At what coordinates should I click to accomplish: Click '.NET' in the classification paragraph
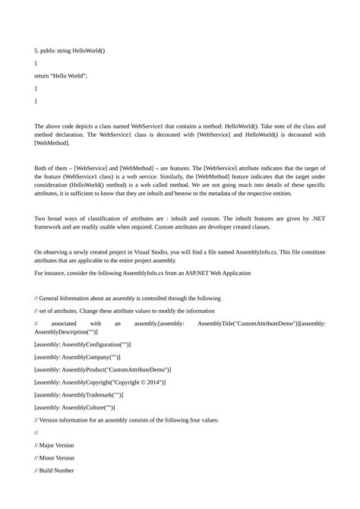[317, 219]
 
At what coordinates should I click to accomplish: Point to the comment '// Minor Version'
[55, 458]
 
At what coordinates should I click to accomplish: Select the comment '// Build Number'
[55, 471]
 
